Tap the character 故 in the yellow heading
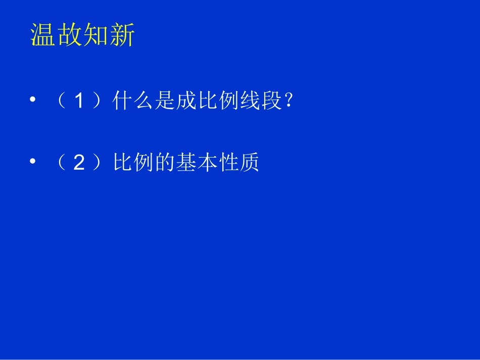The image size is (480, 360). click(x=70, y=36)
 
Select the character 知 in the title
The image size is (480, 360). click(x=96, y=36)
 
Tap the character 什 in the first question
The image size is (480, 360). click(x=123, y=102)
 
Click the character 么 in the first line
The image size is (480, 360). click(x=144, y=102)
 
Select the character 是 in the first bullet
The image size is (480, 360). click(x=165, y=102)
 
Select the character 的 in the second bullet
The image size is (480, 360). click(x=165, y=163)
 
